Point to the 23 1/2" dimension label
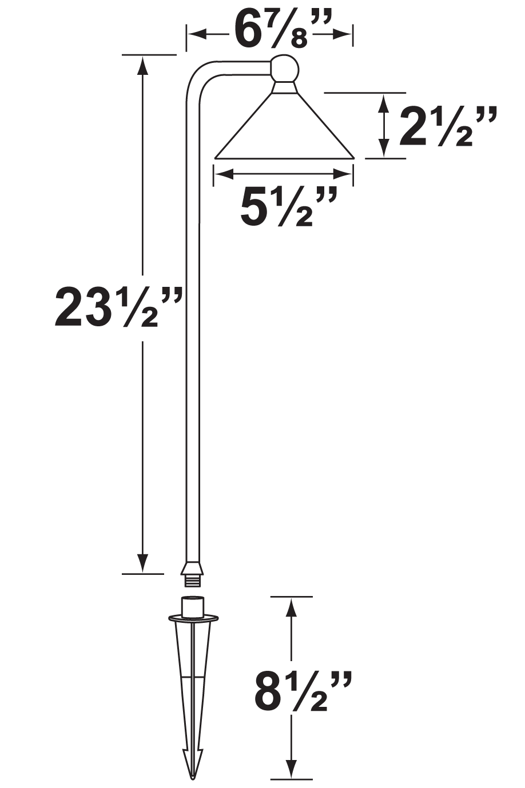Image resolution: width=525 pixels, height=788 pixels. [118, 307]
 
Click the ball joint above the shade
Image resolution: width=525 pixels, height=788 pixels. [284, 69]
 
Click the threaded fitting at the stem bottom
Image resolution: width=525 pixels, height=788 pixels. [192, 581]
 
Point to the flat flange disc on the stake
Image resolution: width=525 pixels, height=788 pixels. [193, 618]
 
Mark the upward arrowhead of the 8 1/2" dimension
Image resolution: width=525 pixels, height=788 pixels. [292, 606]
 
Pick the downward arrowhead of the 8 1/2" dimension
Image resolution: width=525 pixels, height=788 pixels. [292, 768]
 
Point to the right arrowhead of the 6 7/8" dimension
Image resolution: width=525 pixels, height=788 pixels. [343, 35]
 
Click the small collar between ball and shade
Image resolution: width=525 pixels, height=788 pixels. [284, 87]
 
